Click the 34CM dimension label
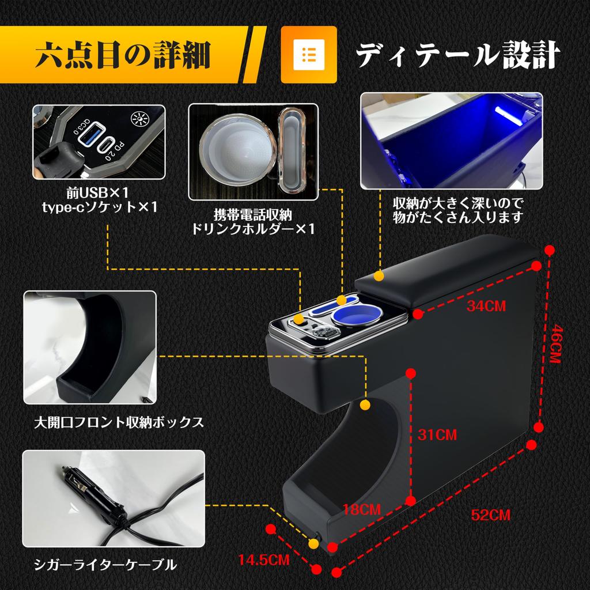pos(486,306)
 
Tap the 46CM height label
pos(555,343)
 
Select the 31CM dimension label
pos(437,434)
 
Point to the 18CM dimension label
pos(362,509)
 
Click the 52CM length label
pos(490,515)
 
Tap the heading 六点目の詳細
pos(122,55)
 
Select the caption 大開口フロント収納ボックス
pos(119,423)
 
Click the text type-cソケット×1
pos(99,207)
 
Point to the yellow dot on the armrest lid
pos(379,277)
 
